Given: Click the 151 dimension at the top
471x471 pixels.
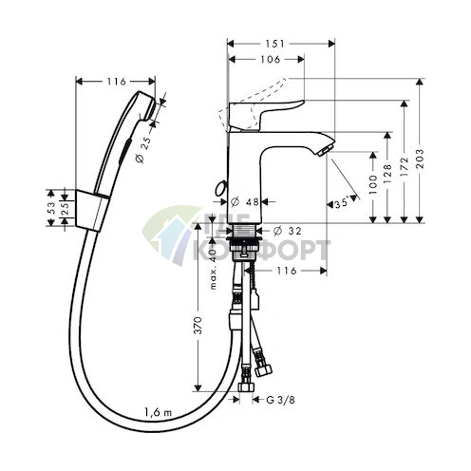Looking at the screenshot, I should (281, 43).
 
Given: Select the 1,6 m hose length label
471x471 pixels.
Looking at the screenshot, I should (158, 411).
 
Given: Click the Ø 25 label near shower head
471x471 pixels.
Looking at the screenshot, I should (141, 148).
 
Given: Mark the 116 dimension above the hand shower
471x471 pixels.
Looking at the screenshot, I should (117, 80).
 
